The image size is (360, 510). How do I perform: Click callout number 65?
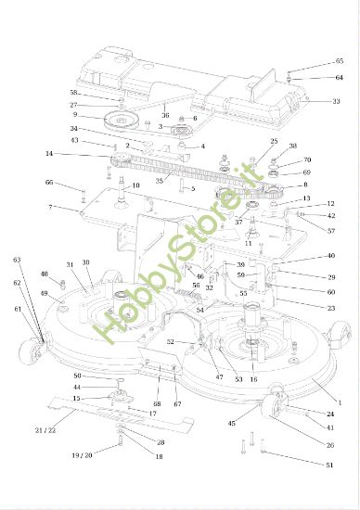coord(339,61)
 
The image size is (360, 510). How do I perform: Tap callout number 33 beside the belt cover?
coord(336,101)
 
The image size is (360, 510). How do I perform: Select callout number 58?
coord(73,93)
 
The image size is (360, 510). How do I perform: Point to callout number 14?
coord(49,154)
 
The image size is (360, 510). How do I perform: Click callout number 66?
coord(49,183)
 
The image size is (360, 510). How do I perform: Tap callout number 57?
coord(331,230)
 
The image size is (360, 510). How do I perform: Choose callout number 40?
coord(331,256)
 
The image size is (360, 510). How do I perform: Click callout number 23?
coord(331,307)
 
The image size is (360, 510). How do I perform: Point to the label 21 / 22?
coord(45,430)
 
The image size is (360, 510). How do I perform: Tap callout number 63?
coord(17,261)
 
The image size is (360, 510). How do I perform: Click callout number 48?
coord(44,274)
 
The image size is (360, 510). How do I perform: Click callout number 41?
coord(331,427)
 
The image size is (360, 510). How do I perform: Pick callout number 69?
coord(331,172)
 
